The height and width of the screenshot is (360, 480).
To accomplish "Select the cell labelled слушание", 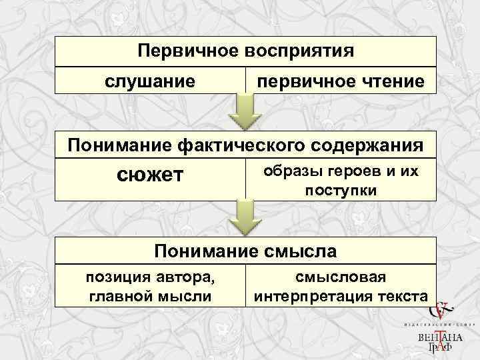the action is click(x=150, y=81).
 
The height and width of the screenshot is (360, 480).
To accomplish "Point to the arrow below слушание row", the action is click(x=245, y=111).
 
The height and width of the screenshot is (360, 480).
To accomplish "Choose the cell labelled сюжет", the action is click(x=150, y=177).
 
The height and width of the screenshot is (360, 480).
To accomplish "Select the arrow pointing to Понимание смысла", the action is click(x=245, y=218).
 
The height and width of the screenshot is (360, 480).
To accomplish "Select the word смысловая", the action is click(x=341, y=276).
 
